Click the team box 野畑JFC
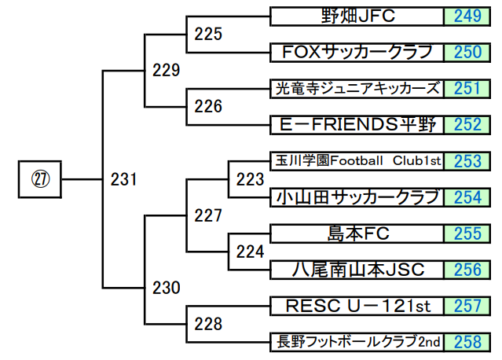(x=357, y=16)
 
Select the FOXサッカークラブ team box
(x=357, y=52)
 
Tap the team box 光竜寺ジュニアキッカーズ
(x=357, y=88)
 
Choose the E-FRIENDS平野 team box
(x=357, y=124)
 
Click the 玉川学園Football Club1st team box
(x=357, y=160)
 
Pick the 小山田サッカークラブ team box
(x=357, y=197)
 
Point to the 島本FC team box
(x=357, y=233)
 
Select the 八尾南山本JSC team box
(x=357, y=269)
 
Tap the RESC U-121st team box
(x=357, y=305)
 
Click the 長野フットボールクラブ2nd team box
(x=357, y=341)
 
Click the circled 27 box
(x=40, y=179)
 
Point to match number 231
(x=123, y=179)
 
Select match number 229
(x=166, y=71)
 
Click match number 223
(x=250, y=179)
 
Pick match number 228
(x=208, y=324)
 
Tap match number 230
(x=166, y=288)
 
